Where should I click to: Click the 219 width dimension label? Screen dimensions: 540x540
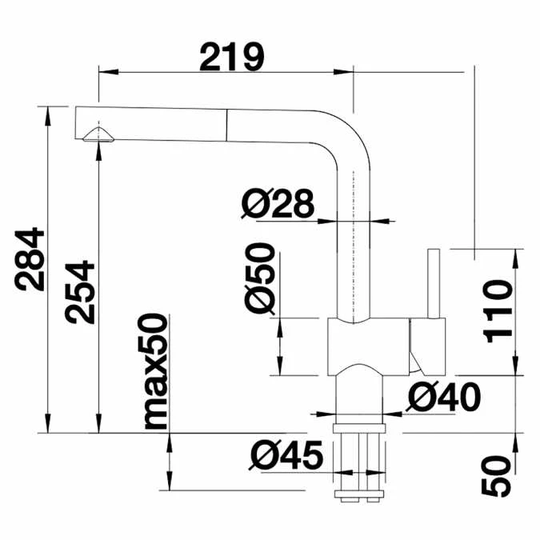point(231,57)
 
